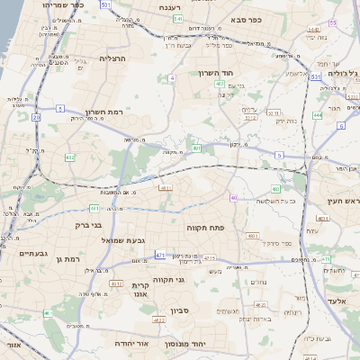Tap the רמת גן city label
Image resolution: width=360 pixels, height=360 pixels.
pos(67,258)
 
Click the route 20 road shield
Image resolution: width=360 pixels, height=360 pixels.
pos(36,117)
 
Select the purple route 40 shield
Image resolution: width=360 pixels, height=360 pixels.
pos(234,197)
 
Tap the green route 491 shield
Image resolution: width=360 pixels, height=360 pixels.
pos(196,148)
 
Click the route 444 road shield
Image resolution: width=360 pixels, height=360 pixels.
pos(317,115)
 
